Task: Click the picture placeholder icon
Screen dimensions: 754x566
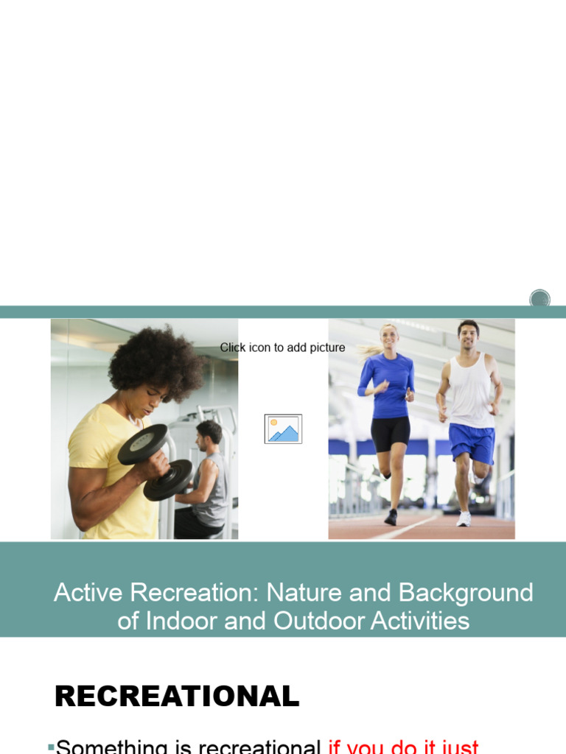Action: (283, 429)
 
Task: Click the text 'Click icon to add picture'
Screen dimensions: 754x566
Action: (282, 348)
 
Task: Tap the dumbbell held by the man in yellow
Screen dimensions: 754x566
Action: (155, 461)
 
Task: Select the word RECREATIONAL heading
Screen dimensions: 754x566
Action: (177, 696)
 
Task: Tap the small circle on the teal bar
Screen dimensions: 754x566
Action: (539, 298)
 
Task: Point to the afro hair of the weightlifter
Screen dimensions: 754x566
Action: (156, 363)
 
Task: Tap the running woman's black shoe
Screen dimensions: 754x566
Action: (391, 518)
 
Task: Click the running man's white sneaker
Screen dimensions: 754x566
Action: (464, 519)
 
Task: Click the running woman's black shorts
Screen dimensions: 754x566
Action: (390, 434)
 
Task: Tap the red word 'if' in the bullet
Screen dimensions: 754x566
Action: (335, 747)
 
